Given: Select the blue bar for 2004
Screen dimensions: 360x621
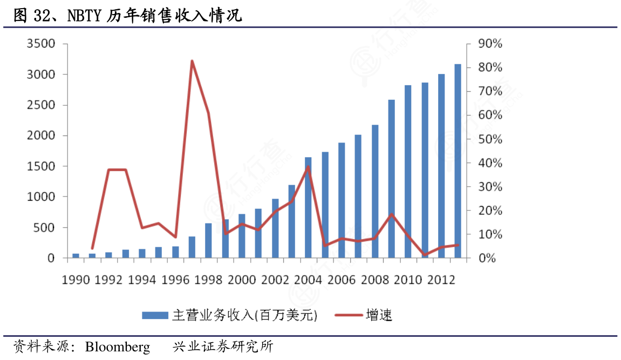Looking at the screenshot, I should pyautogui.click(x=308, y=208).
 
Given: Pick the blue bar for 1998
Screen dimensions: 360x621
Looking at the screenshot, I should pyautogui.click(x=208, y=241).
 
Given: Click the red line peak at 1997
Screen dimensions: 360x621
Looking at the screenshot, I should pyautogui.click(x=192, y=61).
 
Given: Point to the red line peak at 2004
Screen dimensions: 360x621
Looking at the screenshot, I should pyautogui.click(x=308, y=166).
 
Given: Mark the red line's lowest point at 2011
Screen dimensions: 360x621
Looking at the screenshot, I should pyautogui.click(x=425, y=255).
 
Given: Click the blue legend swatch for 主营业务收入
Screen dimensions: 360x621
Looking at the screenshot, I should pyautogui.click(x=155, y=315).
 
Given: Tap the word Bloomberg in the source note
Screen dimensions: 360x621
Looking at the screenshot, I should pyautogui.click(x=118, y=347).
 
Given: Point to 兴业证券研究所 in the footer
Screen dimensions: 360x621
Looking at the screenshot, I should pyautogui.click(x=223, y=347).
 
